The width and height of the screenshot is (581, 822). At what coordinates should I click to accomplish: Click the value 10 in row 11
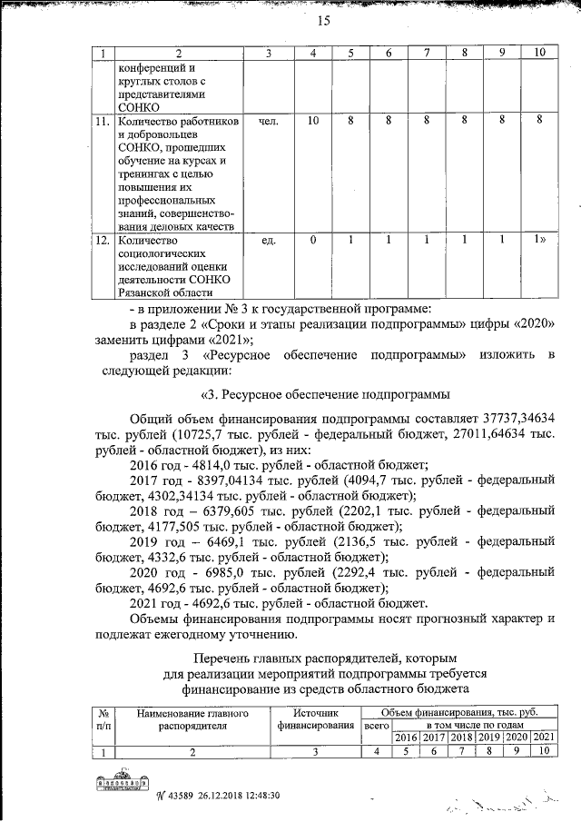(x=311, y=119)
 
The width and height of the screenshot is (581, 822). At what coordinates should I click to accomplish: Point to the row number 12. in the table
(x=103, y=241)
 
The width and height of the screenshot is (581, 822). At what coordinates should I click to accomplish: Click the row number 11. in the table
(x=103, y=119)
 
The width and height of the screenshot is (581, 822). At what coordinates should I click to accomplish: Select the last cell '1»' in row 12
(x=539, y=241)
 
